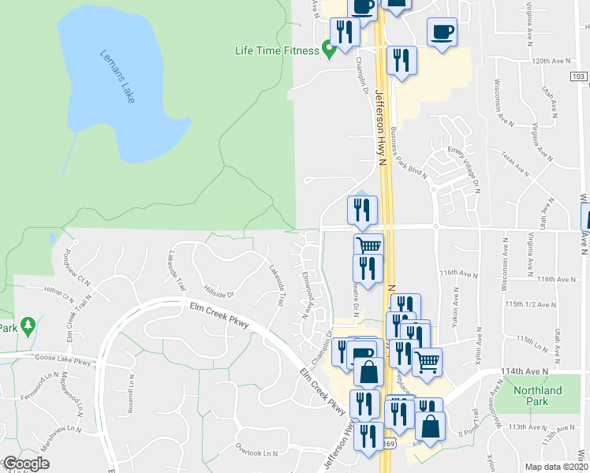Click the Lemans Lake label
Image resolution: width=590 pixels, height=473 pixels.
[118, 78]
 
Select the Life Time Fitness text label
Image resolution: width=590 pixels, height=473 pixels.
[278, 51]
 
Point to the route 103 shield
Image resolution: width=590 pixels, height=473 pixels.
[578, 76]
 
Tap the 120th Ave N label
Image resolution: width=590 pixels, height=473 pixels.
[550, 60]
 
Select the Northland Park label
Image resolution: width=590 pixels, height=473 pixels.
[537, 396]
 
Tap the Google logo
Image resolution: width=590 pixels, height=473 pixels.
[25, 464]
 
